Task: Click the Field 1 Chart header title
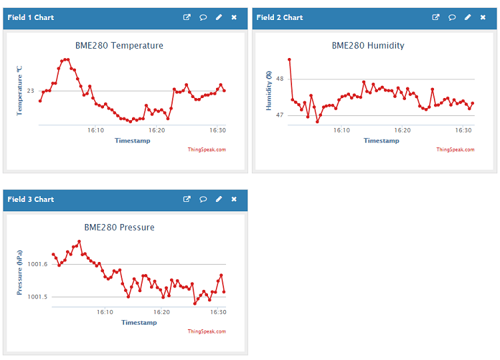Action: [31, 17]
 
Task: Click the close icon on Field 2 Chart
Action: [483, 17]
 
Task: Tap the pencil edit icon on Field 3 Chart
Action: [219, 199]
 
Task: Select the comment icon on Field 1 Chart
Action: [203, 17]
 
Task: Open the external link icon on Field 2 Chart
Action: [436, 17]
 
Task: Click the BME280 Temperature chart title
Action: [119, 45]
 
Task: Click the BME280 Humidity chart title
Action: [368, 45]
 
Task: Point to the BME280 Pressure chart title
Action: [119, 227]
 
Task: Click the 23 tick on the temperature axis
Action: [31, 91]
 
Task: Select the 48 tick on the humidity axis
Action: [279, 79]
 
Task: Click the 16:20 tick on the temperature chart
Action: [157, 131]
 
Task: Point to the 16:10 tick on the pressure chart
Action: [105, 312]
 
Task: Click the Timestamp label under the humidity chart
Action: [381, 141]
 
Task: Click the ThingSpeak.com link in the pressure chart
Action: [207, 331]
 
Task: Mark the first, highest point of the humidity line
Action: [289, 59]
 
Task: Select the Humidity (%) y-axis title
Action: [269, 91]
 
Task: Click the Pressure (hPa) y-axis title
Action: [20, 273]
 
